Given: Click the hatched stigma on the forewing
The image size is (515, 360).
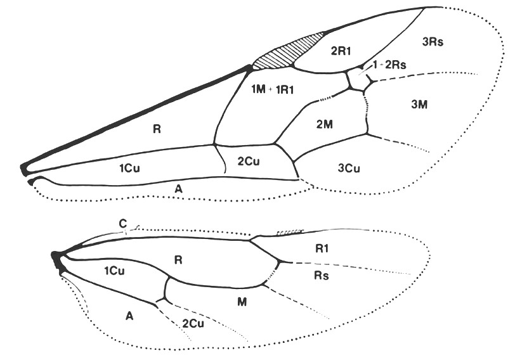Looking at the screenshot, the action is (x=287, y=52).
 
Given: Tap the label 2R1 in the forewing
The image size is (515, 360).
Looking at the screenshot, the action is (x=341, y=51).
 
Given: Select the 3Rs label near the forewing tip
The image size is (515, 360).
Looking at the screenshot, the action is (x=433, y=42).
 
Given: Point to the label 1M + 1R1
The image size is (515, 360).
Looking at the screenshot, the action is (x=272, y=89).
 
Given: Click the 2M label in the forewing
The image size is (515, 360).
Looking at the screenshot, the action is (x=325, y=124).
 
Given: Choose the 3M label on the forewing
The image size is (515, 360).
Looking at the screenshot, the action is (x=419, y=105).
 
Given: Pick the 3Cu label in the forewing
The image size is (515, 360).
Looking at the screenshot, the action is (x=349, y=169).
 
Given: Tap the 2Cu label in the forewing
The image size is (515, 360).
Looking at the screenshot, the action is (x=249, y=162).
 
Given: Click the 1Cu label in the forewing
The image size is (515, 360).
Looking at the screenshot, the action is (x=129, y=169).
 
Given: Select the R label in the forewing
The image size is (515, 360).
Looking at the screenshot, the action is (x=157, y=129).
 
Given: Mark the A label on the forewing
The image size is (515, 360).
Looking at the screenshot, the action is (x=178, y=189).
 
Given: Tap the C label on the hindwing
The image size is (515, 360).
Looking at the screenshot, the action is (x=123, y=224).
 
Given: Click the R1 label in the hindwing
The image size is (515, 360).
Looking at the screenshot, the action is (x=322, y=248).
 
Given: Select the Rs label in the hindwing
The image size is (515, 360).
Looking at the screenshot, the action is (x=321, y=275).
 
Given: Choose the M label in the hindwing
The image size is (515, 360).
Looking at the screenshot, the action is (x=242, y=302).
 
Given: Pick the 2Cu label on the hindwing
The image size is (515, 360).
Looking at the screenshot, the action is (x=193, y=324).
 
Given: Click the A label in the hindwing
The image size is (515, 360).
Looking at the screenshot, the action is (x=129, y=316).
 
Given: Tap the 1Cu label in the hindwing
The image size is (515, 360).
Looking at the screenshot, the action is (x=114, y=271).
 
